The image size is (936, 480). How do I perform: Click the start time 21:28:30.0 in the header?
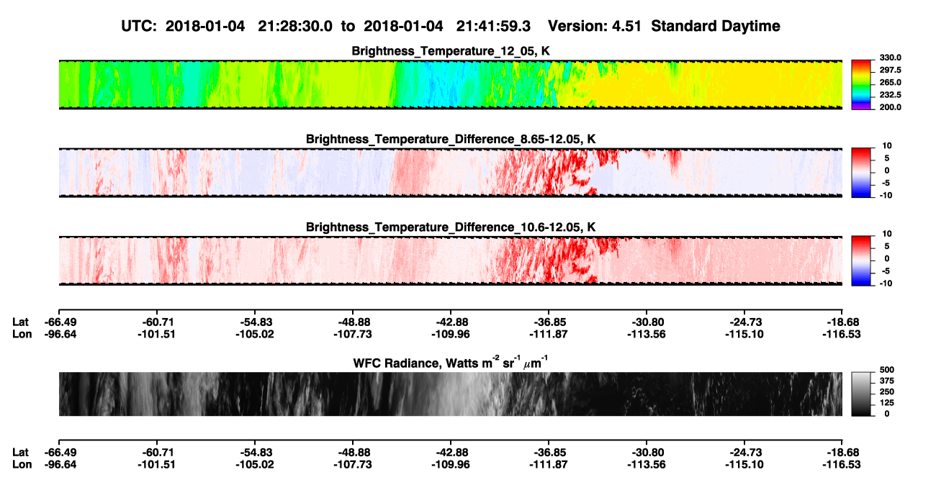tap(295, 27)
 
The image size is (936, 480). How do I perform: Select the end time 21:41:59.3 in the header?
tap(493, 27)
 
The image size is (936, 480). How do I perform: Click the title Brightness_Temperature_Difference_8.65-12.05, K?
tap(451, 139)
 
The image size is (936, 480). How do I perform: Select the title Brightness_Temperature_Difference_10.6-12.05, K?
tap(451, 227)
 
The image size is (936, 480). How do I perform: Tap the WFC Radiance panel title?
tap(451, 363)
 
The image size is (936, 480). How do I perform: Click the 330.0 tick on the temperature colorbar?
tap(890, 58)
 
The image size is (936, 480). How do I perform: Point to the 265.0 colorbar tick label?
tap(890, 82)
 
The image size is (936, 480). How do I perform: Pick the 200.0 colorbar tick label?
tap(890, 107)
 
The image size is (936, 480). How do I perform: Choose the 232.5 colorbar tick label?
tap(890, 95)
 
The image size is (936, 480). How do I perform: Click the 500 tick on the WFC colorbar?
tap(887, 370)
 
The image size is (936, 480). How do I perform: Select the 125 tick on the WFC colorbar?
tap(887, 403)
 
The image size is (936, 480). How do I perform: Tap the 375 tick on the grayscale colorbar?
tap(887, 381)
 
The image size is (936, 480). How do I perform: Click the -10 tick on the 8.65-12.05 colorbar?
tap(885, 195)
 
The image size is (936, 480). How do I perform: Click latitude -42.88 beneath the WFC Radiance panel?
tap(451, 452)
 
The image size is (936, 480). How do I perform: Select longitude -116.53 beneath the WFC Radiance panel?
tap(842, 464)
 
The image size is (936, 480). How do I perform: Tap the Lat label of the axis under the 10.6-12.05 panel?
tap(20, 322)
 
